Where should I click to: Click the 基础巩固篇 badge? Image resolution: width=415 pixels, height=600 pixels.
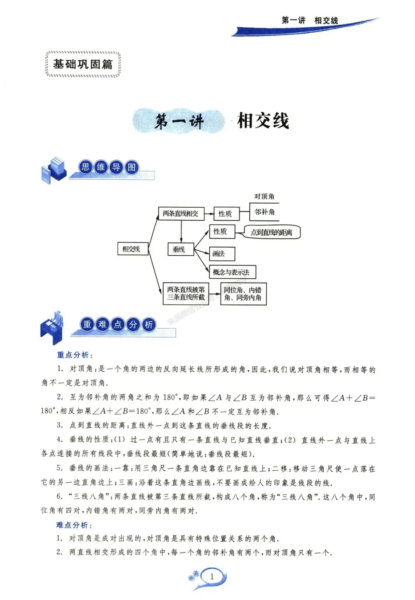tap(83, 64)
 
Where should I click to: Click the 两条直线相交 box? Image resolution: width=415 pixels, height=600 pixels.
tap(181, 213)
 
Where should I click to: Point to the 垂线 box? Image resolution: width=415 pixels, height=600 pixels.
tap(181, 250)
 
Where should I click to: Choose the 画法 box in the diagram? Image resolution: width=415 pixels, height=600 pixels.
tap(222, 254)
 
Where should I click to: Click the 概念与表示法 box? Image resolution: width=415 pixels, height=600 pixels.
tap(232, 272)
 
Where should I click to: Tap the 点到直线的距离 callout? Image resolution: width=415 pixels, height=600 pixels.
tap(272, 232)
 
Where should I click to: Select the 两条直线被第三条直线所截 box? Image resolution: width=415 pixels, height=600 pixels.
tap(186, 294)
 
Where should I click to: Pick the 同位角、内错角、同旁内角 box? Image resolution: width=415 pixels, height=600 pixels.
tap(243, 294)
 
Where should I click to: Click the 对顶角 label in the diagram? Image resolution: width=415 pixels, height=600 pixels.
tap(264, 197)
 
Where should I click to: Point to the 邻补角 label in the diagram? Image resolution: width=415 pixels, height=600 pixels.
tap(265, 212)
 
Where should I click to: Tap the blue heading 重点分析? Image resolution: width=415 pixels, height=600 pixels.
tap(75, 355)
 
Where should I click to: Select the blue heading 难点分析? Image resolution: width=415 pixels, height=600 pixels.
tap(74, 525)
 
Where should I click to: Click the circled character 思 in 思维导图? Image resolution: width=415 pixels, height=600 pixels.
tap(85, 167)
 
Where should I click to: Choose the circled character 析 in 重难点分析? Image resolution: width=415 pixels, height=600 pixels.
tap(148, 324)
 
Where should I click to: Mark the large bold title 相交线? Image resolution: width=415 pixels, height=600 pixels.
tap(263, 121)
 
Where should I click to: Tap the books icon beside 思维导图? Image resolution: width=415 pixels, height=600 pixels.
tap(53, 170)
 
